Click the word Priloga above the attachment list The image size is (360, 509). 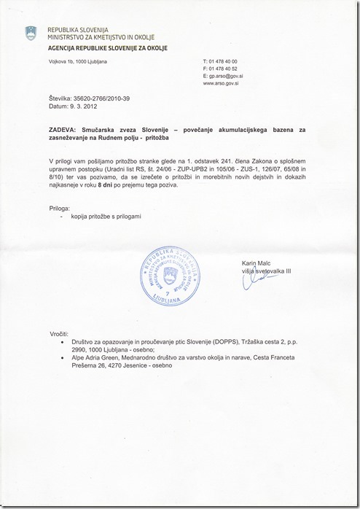(61, 209)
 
